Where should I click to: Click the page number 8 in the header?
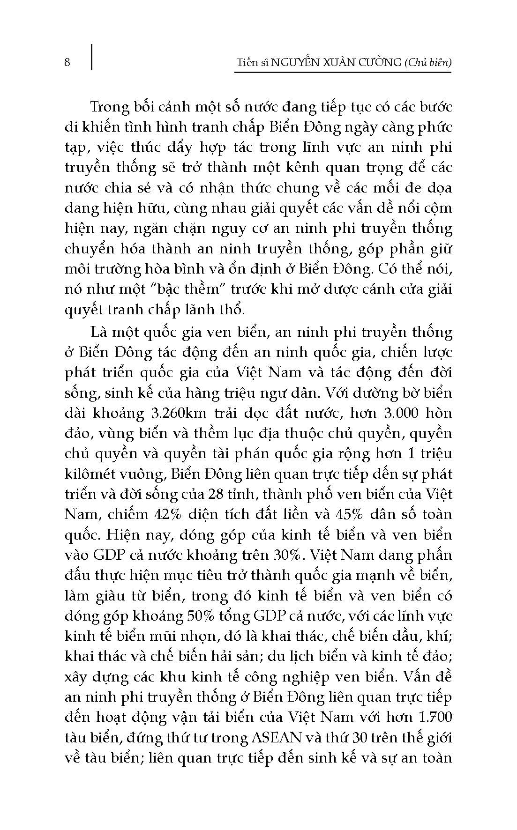(67, 62)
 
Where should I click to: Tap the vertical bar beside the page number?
(91, 57)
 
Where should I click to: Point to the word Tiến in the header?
(247, 62)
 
